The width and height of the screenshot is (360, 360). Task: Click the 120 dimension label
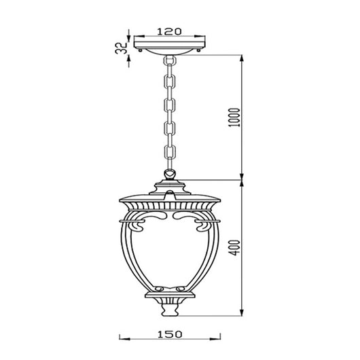click(169, 31)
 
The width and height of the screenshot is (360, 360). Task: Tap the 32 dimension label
click(121, 48)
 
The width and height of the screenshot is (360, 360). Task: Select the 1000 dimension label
click(234, 118)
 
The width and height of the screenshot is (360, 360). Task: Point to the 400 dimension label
click(235, 247)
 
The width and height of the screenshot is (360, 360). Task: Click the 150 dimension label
click(170, 334)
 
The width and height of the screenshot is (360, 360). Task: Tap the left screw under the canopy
click(140, 50)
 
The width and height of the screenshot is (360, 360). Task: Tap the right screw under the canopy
click(198, 50)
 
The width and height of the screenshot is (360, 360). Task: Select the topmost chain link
click(170, 60)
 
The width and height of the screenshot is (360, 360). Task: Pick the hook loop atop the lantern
click(170, 174)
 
